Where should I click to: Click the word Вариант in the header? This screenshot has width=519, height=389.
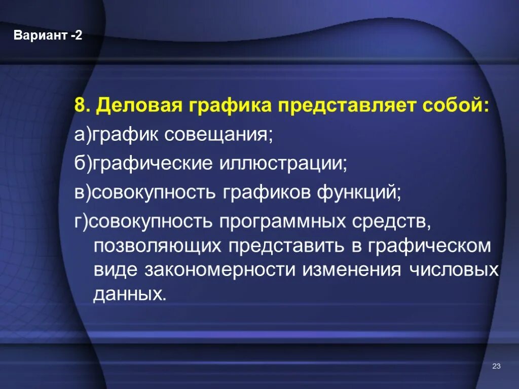[x=41, y=36]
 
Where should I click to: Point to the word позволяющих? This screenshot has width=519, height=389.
[x=158, y=246]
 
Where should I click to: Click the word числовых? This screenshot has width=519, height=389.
[x=454, y=269]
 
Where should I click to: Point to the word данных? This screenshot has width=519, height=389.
[x=129, y=294]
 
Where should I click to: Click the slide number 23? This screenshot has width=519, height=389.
[x=496, y=366]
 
